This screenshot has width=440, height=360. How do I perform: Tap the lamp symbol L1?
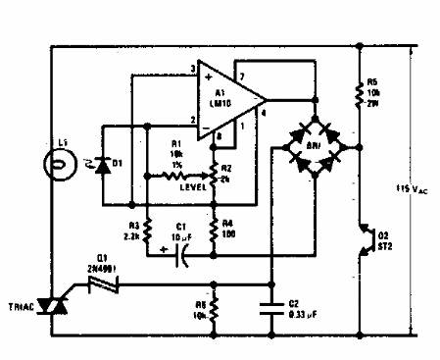click(62, 161)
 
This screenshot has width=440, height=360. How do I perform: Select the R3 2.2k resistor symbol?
click(145, 229)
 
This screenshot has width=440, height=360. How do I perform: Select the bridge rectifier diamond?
click(313, 148)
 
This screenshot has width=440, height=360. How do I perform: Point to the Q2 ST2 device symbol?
click(362, 241)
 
